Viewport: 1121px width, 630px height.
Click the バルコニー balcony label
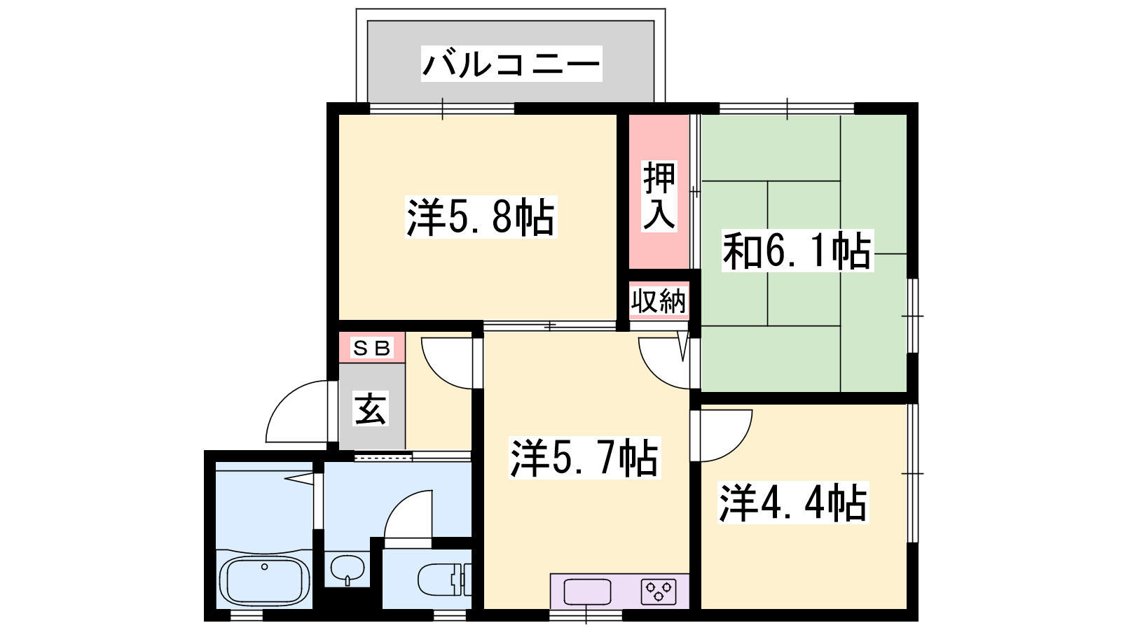[511, 64]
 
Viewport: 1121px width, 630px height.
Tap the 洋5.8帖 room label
[481, 217]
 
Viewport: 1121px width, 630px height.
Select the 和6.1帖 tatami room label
[797, 251]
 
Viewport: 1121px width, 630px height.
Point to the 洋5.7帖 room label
[584, 458]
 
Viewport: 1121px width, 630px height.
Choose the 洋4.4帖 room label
[793, 503]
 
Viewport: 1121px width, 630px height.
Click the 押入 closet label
[659, 196]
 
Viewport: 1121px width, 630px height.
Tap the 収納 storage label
[659, 301]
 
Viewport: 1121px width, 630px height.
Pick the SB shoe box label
[371, 347]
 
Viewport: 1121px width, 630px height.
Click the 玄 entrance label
[371, 409]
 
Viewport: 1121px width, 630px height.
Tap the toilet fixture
[444, 580]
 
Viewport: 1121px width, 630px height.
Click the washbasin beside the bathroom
[348, 569]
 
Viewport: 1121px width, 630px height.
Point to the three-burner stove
[659, 592]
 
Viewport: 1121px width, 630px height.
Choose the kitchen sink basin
[587, 592]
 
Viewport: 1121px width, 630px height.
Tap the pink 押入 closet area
[659, 192]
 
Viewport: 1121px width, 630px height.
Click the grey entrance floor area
[372, 406]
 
